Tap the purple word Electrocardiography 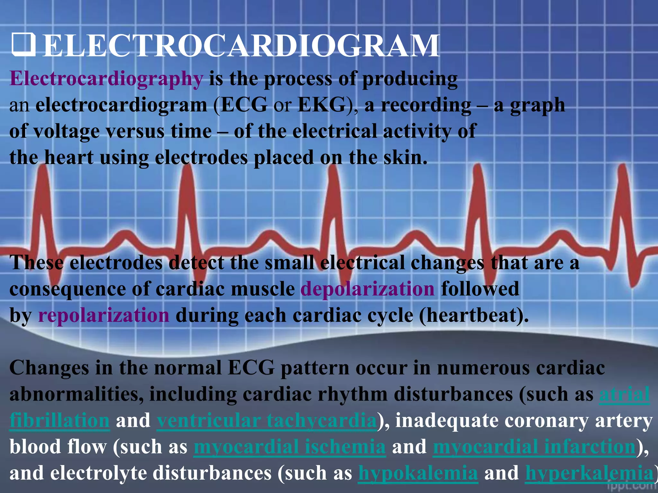click(x=106, y=79)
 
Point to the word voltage click(x=67, y=132)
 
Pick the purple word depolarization click(x=368, y=289)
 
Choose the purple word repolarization click(x=103, y=315)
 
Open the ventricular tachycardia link click(x=267, y=420)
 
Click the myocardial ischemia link click(x=289, y=447)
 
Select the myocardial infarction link click(x=534, y=447)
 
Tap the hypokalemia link click(x=418, y=473)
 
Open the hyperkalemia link click(x=589, y=473)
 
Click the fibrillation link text click(x=60, y=420)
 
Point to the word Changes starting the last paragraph click(x=49, y=368)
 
